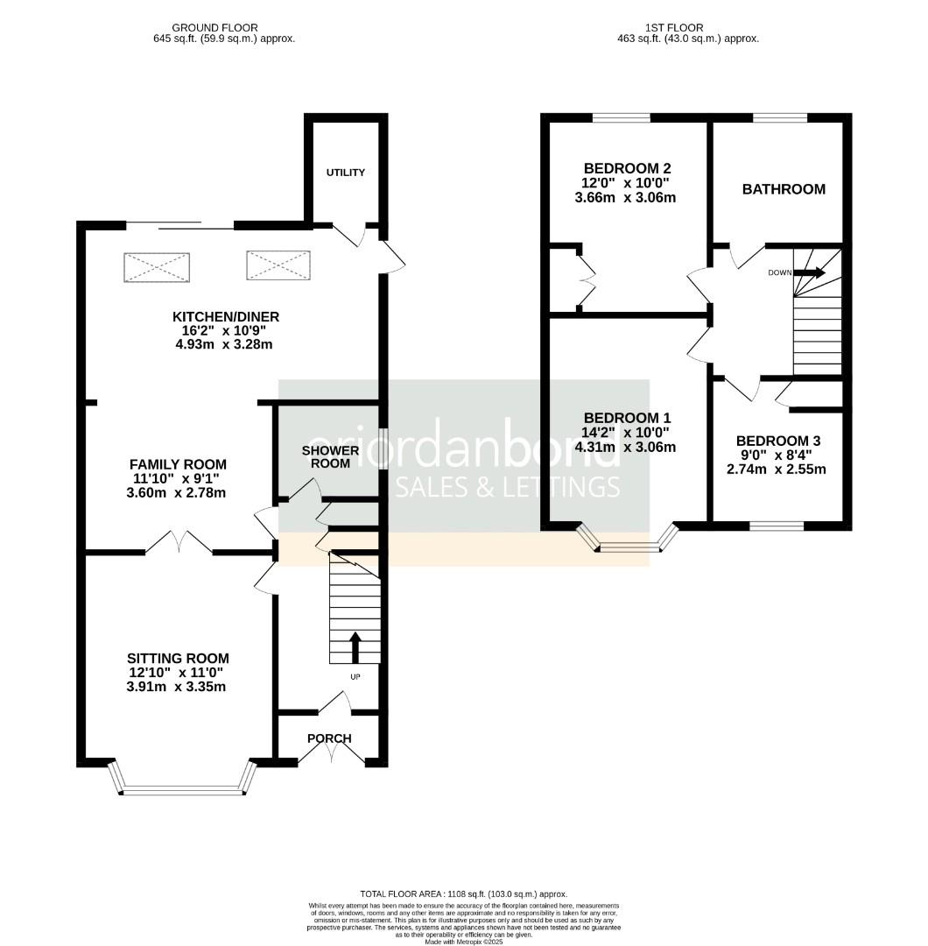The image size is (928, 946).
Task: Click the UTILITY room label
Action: pyautogui.click(x=346, y=173)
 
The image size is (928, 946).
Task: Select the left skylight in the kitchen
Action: pyautogui.click(x=157, y=266)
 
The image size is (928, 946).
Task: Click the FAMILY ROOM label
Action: pyautogui.click(x=178, y=464)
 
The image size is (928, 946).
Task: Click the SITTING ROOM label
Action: pyautogui.click(x=178, y=658)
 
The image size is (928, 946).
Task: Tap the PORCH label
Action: pyautogui.click(x=329, y=738)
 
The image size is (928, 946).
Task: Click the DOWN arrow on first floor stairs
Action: pyautogui.click(x=808, y=272)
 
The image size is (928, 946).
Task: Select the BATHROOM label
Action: pyautogui.click(x=784, y=189)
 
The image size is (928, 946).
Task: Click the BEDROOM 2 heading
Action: pyautogui.click(x=627, y=168)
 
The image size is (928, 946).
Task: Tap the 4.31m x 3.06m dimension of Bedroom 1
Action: pyautogui.click(x=625, y=447)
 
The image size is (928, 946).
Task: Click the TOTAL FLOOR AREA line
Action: pyautogui.click(x=463, y=893)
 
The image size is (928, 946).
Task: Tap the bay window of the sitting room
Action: pyautogui.click(x=184, y=791)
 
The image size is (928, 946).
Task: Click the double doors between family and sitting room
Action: pyautogui.click(x=179, y=545)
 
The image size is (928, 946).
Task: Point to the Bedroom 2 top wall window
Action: pyautogui.click(x=621, y=117)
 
